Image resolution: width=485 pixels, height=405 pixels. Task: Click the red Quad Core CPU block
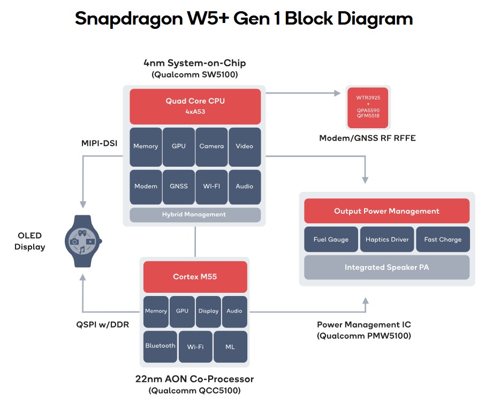195,106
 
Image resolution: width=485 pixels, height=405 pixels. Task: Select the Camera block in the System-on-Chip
211,146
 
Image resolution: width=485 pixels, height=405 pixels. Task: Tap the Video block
244,146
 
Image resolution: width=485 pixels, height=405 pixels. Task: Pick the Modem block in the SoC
146,186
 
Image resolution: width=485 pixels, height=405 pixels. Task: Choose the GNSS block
179,186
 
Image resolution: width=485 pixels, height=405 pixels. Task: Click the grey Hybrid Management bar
195,214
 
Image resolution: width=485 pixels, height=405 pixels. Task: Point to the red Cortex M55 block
195,276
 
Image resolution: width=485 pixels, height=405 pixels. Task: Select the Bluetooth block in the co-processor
160,346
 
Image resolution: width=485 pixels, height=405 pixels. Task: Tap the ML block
230,346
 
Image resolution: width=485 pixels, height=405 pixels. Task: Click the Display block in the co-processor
208,311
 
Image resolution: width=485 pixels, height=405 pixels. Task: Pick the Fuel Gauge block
331,239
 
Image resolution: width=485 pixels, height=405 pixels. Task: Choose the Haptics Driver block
387,239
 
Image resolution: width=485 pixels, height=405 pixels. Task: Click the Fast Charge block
443,239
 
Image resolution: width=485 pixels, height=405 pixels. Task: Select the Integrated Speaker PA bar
387,267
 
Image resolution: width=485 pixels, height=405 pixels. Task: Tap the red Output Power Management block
387,211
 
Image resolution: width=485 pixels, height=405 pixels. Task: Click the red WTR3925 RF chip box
367,106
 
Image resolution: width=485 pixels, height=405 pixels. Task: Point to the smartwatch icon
82,241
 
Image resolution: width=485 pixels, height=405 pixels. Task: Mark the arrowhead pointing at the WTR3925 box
338,93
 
